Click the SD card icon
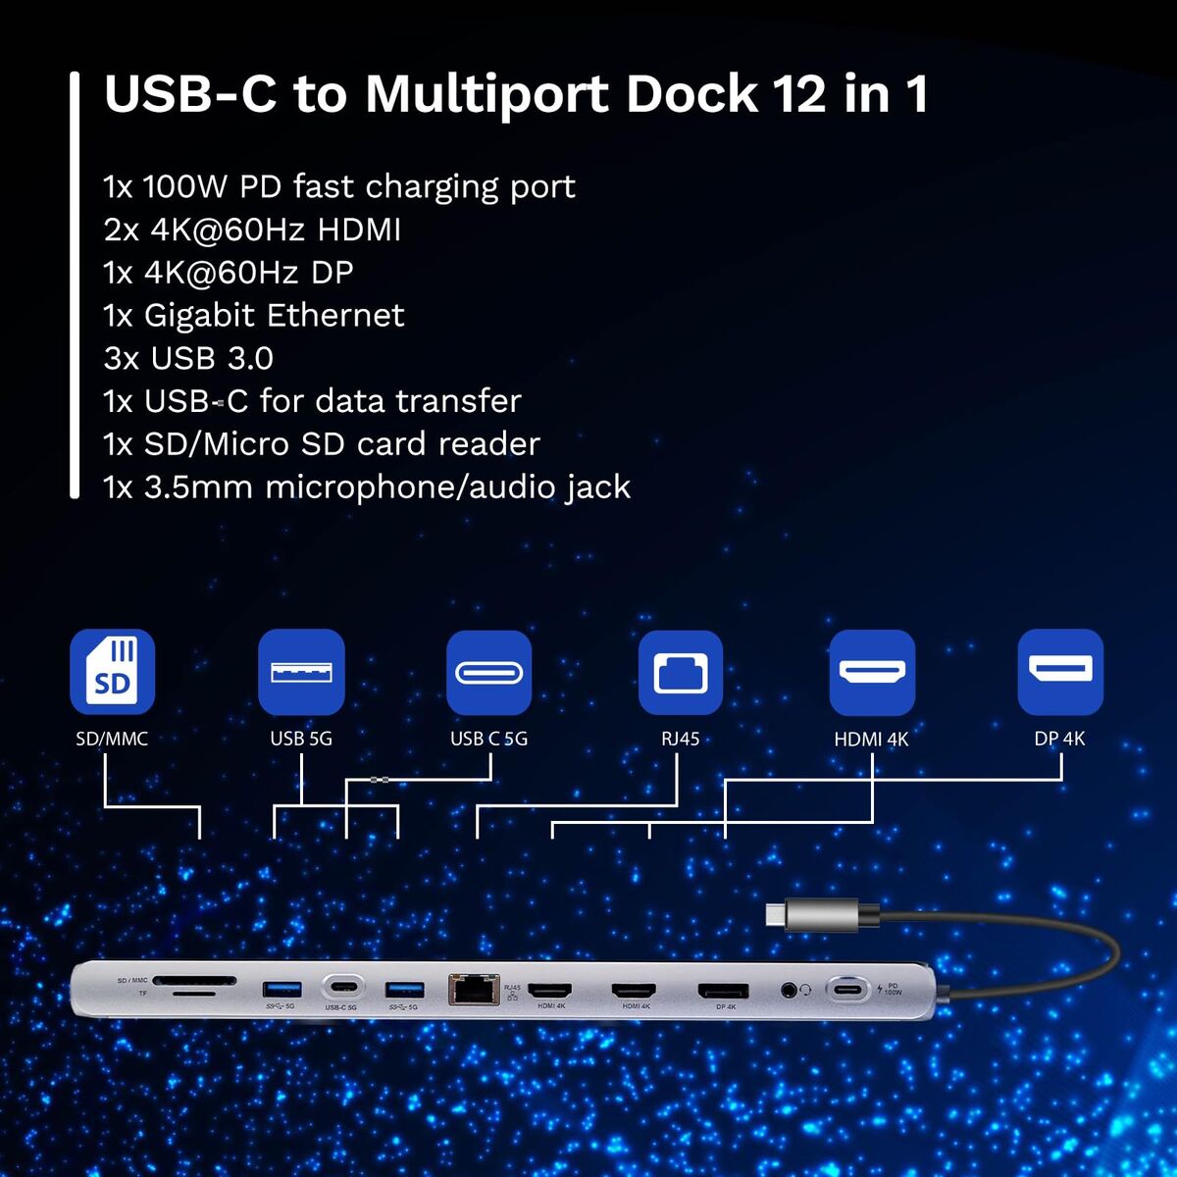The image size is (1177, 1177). (x=112, y=672)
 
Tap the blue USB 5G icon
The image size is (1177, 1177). (x=301, y=672)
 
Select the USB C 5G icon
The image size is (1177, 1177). (x=488, y=672)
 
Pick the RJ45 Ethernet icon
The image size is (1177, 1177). (x=680, y=672)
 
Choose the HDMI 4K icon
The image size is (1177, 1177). (x=872, y=672)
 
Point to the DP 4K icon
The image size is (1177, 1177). (x=1060, y=672)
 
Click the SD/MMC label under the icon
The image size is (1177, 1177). (x=112, y=739)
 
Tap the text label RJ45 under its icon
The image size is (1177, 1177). (x=680, y=739)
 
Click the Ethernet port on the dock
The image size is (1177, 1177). (x=473, y=989)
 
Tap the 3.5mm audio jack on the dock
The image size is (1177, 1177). (x=790, y=990)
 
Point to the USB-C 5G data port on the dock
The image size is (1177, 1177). (x=341, y=987)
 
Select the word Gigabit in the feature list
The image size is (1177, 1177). (x=200, y=316)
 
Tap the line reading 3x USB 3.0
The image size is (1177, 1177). (x=188, y=359)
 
